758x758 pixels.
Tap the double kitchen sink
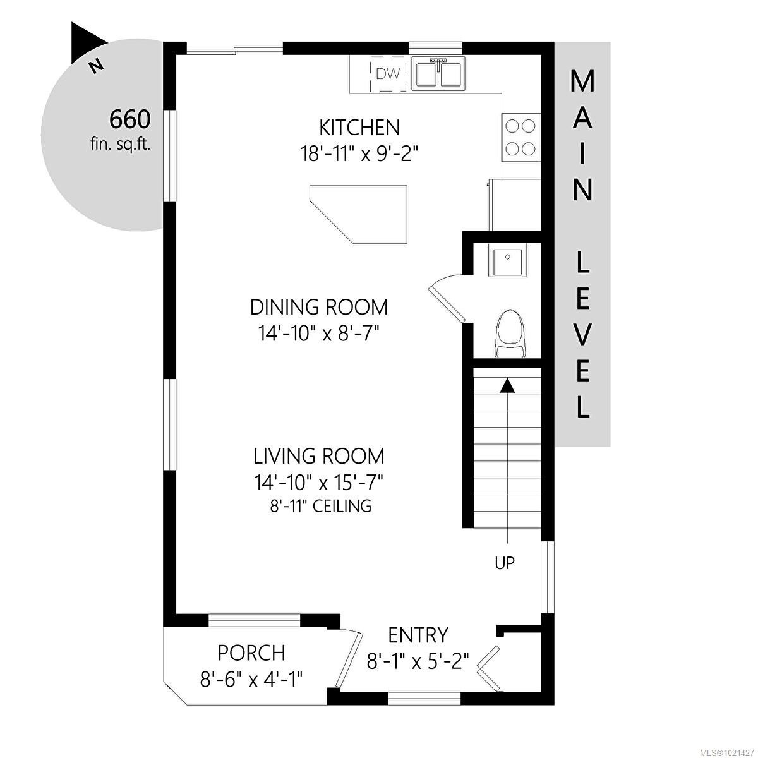[438, 73]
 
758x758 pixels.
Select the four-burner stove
[521, 137]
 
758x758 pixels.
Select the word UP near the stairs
[505, 563]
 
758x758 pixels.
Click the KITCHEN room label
[359, 128]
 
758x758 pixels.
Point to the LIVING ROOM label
[319, 455]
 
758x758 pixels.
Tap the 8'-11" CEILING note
[319, 505]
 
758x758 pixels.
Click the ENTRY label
[418, 634]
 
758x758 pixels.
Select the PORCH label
[251, 652]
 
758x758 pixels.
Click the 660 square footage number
[129, 119]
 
